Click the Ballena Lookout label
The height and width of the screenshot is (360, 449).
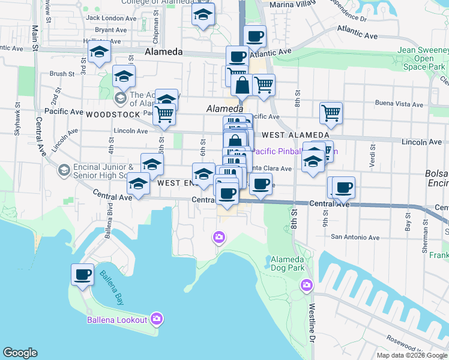[x=117, y=319]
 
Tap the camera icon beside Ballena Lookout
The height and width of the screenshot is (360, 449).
[x=157, y=319]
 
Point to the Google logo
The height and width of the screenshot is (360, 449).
[x=20, y=353]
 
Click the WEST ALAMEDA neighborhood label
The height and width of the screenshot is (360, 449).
[x=295, y=135]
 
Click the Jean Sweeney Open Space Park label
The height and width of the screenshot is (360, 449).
[x=423, y=59]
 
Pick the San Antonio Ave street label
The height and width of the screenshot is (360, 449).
[x=355, y=238]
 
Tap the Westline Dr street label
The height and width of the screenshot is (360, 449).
[x=312, y=317]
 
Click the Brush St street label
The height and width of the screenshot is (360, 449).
[x=61, y=74]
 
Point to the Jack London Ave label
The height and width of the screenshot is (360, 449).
[x=112, y=18]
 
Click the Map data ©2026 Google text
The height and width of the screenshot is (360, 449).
[x=412, y=355]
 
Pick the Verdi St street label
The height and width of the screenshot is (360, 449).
[x=373, y=155]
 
